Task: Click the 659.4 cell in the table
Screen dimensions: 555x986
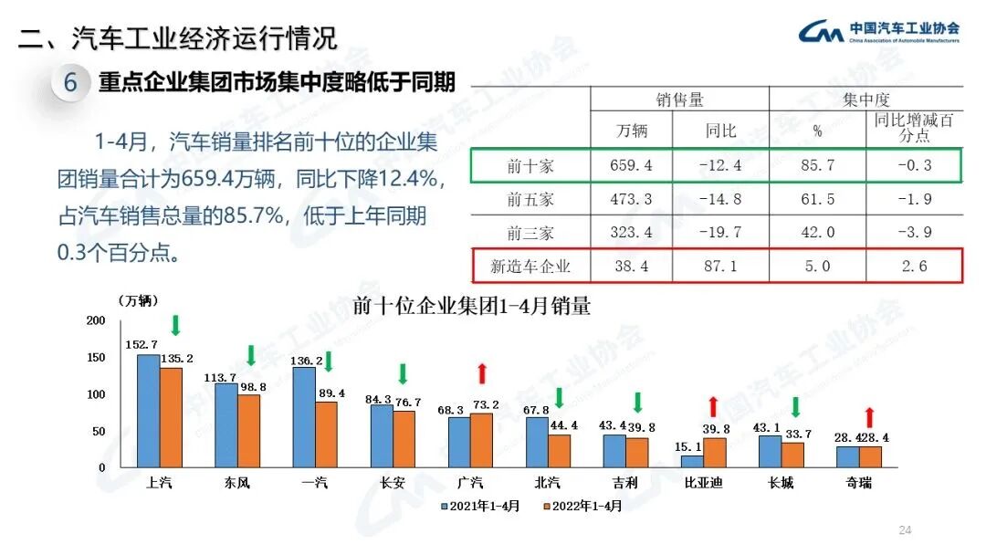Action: (631, 166)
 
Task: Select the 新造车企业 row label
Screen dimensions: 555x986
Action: (530, 267)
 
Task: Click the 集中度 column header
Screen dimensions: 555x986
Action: (866, 99)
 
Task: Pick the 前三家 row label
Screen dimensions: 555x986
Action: (530, 233)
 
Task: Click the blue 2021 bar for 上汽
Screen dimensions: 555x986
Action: (148, 411)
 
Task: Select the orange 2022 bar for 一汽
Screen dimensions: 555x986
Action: (327, 435)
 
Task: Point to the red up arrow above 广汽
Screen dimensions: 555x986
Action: (482, 373)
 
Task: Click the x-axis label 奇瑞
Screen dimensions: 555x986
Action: (859, 482)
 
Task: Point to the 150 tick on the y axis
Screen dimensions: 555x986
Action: (96, 358)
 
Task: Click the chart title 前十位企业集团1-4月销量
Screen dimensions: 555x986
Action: (471, 307)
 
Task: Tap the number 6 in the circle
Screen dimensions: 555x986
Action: (70, 83)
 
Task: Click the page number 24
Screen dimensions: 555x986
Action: (905, 530)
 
